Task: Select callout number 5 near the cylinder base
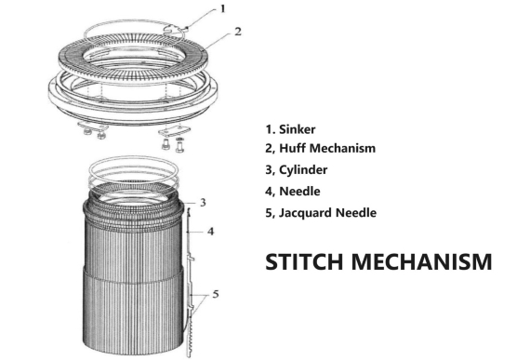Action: [215, 294]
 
